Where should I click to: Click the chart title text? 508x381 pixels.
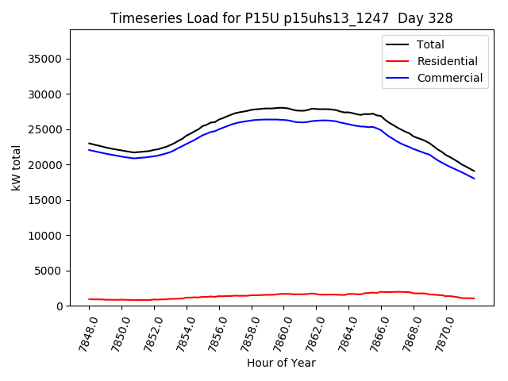coord(282,18)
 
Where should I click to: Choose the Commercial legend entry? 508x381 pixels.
coord(450,78)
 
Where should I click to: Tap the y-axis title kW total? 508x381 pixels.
coord(16,167)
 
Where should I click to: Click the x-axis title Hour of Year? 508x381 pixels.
coord(281,363)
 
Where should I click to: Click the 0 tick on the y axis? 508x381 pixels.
coord(60,306)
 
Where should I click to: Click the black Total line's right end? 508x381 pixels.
coord(475,171)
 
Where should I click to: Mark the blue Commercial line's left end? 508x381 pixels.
coord(89,149)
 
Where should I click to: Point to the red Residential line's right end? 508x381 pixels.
coord(475,298)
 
